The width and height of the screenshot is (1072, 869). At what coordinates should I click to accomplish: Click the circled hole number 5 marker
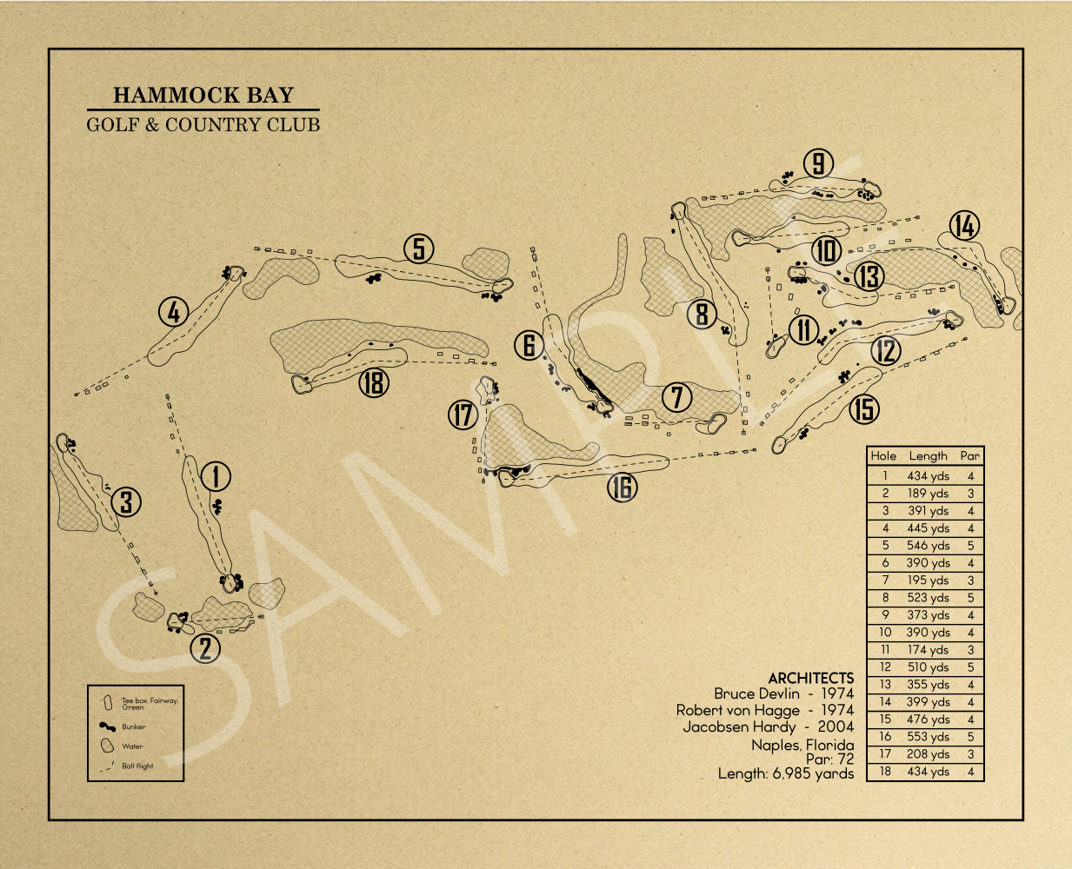[419, 249]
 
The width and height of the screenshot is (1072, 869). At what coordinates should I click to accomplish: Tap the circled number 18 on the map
[374, 382]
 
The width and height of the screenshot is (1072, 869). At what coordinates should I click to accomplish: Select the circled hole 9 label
[818, 163]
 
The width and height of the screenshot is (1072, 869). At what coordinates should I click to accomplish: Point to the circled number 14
[964, 226]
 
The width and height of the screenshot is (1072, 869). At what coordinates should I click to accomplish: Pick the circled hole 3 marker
[127, 501]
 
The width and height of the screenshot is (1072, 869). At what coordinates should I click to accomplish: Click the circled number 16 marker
[622, 488]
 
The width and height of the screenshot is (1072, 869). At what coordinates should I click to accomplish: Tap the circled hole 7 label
[677, 398]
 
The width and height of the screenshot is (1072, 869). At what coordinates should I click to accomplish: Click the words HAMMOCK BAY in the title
[203, 95]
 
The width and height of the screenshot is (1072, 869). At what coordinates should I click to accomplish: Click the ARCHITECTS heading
[810, 678]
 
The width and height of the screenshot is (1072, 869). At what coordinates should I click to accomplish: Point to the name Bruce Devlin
[756, 693]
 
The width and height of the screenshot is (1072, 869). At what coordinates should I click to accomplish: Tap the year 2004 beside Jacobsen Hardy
[836, 726]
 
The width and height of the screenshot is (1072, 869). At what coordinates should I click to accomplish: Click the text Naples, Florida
[802, 745]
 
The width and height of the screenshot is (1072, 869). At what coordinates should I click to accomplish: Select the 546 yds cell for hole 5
[928, 546]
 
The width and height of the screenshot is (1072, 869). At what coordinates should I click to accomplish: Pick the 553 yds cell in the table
[928, 737]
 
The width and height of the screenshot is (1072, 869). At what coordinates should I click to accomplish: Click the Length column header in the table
[928, 455]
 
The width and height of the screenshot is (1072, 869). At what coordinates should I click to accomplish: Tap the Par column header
[969, 455]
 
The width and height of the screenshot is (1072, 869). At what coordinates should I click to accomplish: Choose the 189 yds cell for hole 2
[928, 494]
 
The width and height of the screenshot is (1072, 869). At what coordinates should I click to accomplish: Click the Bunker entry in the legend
[134, 726]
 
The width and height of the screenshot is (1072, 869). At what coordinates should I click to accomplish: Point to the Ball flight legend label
[137, 766]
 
